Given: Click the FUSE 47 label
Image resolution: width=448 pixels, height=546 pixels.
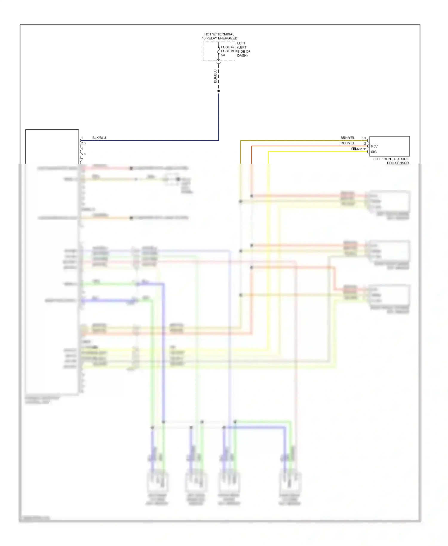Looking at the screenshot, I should point(228,47).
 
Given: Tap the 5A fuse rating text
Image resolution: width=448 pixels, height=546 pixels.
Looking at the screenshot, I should point(223,55).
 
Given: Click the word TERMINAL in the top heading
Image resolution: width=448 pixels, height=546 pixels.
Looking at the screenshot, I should point(226,34).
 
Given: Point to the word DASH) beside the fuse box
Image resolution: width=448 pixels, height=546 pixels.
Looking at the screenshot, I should point(242,56).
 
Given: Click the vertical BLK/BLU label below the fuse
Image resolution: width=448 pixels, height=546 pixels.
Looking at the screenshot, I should point(215,76).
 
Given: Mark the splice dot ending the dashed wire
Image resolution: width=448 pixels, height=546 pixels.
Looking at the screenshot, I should point(219,91).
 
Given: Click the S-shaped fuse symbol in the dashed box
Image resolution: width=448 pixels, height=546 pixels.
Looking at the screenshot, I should point(219,51).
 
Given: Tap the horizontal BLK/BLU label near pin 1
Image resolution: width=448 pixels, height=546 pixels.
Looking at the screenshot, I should point(99,138).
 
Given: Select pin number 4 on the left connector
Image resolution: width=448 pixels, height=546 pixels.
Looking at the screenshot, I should point(82,149).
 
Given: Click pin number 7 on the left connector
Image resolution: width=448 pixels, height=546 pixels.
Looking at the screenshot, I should point(82,160).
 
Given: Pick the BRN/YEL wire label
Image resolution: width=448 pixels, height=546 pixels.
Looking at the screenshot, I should point(347,138).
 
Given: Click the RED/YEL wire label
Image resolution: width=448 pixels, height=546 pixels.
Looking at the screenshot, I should point(347,143).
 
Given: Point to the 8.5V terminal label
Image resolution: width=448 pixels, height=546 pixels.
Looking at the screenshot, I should point(374,146).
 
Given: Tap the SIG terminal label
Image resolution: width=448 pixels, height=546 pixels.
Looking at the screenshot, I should point(374,152).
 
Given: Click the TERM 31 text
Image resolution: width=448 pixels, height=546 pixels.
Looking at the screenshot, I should point(360,149).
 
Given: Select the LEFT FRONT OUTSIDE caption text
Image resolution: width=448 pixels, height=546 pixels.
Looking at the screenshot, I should point(390,159).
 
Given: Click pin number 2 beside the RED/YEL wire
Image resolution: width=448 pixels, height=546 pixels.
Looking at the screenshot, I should point(365,144).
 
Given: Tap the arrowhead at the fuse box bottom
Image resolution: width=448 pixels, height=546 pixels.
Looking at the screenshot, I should point(219,60).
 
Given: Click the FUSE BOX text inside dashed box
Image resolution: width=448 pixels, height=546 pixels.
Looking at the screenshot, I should point(229,51).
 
